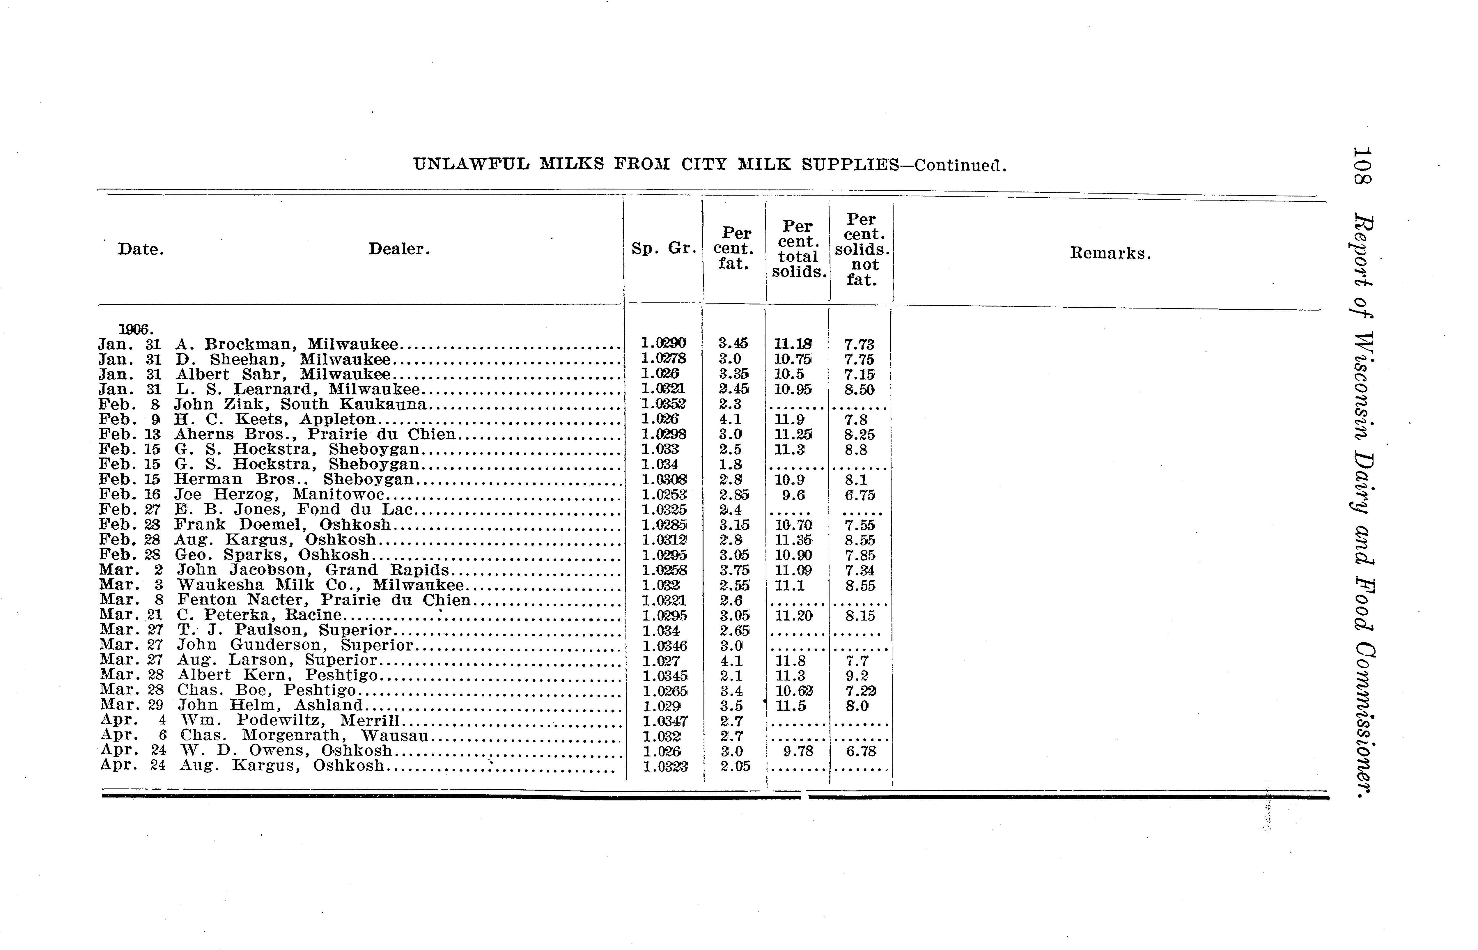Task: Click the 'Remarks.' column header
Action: [x=1110, y=254]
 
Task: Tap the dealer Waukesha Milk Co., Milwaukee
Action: [x=320, y=585]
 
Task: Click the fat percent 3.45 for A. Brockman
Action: [x=733, y=344]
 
